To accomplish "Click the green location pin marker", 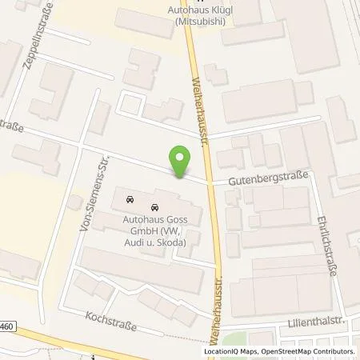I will click(x=180, y=163).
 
